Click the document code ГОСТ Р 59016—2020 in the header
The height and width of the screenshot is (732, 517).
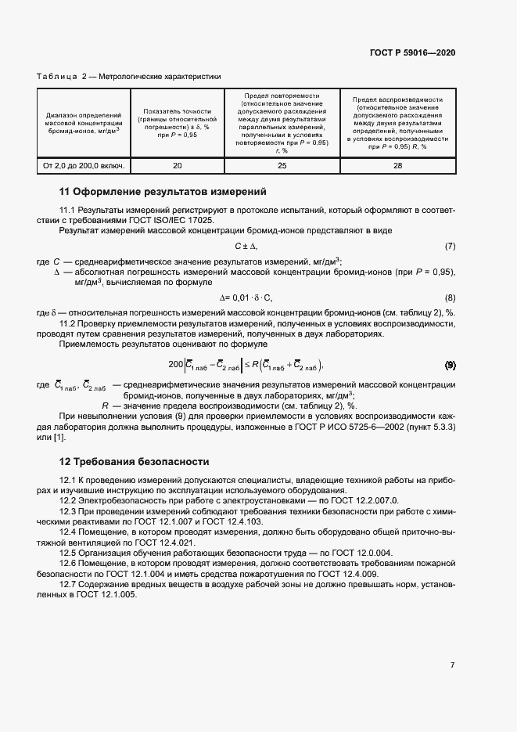411,53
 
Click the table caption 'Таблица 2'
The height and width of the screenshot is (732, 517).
56,78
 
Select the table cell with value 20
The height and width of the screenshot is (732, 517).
177,165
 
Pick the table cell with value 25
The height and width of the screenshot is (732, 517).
282,165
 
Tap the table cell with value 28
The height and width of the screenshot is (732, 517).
397,165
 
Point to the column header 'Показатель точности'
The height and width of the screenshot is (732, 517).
177,112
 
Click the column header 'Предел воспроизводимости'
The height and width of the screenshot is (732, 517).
397,100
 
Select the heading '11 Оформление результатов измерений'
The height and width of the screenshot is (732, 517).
163,191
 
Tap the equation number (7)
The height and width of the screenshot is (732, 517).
450,247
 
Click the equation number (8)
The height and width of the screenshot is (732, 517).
450,298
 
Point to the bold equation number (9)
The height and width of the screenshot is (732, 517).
450,366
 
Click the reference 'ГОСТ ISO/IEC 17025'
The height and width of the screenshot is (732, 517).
174,221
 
